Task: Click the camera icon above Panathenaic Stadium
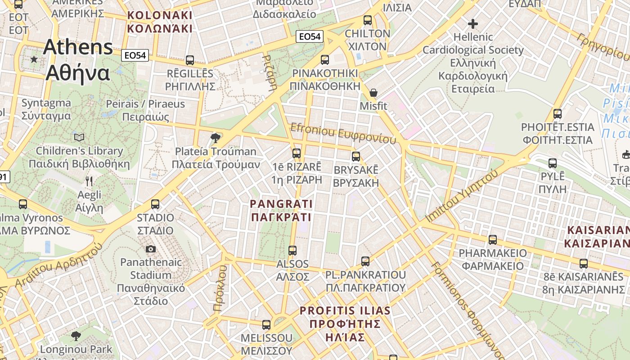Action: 151,249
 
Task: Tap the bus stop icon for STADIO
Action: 155,204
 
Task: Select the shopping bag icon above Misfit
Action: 373,93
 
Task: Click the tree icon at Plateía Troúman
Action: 216,138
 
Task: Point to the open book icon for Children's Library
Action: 79,137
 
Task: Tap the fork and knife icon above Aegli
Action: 89,181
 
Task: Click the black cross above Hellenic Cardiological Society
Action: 473,23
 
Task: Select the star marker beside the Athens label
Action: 34,59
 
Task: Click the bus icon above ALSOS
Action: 292,250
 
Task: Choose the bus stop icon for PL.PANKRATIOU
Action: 365,261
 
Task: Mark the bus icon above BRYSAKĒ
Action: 356,156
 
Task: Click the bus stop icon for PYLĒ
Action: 553,163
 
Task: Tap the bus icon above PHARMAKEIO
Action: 493,240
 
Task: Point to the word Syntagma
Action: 46,103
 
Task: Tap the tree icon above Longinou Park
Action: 76,336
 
